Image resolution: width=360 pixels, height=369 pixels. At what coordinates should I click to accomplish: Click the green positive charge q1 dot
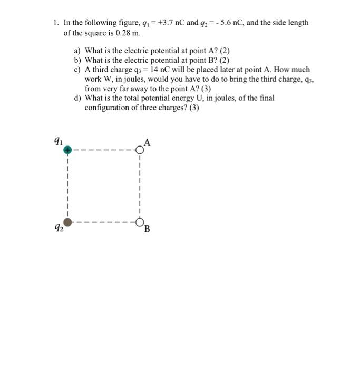tap(67, 150)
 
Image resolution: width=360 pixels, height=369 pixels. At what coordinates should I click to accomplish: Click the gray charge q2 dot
tap(67, 222)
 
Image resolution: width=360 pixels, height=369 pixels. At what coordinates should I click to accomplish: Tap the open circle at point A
tap(140, 150)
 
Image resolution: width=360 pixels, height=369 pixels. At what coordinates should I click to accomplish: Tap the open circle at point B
tap(140, 222)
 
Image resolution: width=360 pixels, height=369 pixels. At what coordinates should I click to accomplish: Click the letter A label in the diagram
tap(147, 142)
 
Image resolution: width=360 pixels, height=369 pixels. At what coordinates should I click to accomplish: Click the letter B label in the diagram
tap(147, 229)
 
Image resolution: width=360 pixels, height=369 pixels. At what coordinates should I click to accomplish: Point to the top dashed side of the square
tap(103, 150)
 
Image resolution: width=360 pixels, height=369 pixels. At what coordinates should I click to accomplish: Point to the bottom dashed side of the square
tap(103, 222)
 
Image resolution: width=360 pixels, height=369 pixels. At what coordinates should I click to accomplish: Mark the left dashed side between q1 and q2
tap(67, 186)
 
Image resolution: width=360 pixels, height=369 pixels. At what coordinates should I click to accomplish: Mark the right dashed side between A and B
tap(140, 186)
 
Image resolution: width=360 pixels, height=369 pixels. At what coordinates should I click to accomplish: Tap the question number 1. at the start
tap(55, 23)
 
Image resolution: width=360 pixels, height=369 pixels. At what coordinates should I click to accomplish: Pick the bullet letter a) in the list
tap(77, 51)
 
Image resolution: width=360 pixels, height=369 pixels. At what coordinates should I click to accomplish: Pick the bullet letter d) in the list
tap(77, 98)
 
